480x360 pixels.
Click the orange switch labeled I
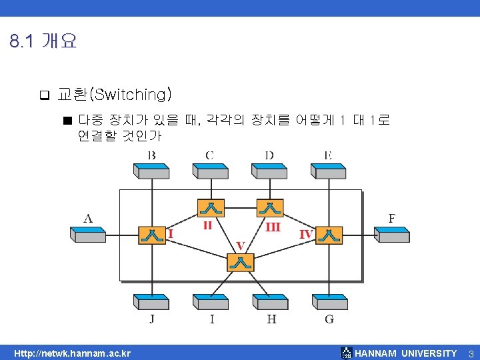(x=152, y=235)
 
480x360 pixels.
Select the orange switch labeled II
(x=211, y=207)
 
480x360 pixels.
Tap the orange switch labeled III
(x=270, y=207)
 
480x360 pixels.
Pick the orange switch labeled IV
(x=329, y=235)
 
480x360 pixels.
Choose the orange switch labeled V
(x=241, y=262)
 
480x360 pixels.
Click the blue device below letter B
(x=152, y=171)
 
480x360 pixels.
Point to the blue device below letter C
(x=211, y=171)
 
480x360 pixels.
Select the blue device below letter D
(x=270, y=171)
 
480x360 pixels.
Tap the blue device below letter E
(x=329, y=171)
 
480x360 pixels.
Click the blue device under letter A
(x=88, y=234)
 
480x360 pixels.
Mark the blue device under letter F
(x=392, y=234)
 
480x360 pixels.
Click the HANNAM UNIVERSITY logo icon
(x=346, y=353)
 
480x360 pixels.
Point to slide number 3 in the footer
(x=471, y=353)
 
